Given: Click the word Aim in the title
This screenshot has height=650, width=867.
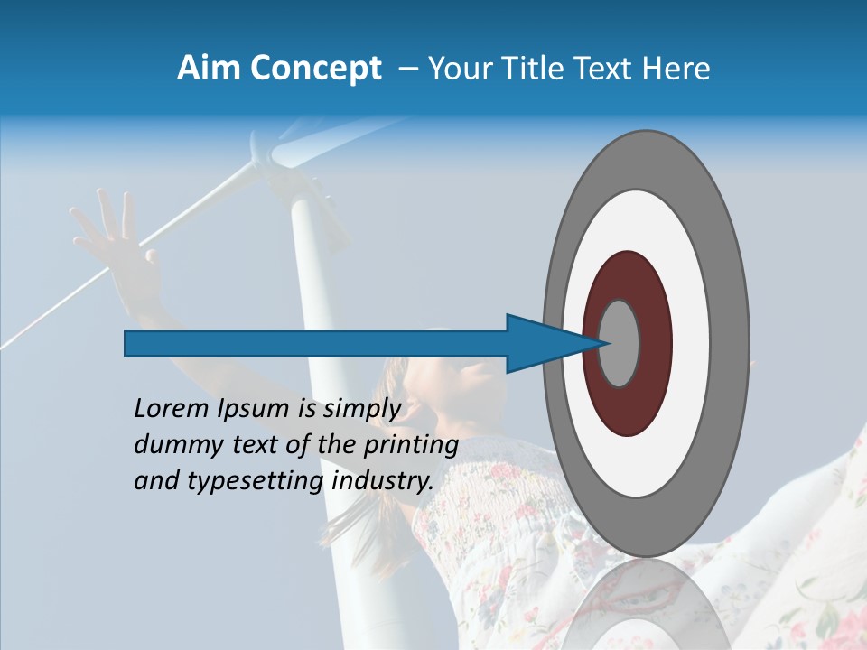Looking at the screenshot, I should click(206, 69).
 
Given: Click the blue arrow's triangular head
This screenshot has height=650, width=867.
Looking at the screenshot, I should click(542, 344).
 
